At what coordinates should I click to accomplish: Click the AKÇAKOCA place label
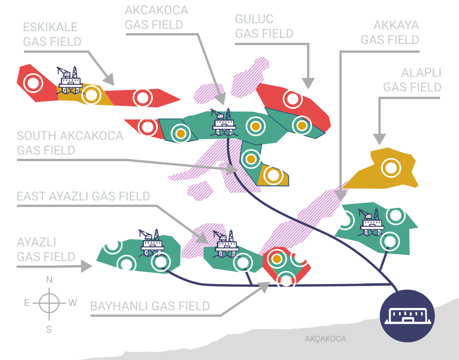click(x=325, y=339)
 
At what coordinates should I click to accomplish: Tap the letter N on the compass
click(x=49, y=280)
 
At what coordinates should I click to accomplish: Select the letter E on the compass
click(x=27, y=303)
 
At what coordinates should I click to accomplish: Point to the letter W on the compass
click(x=73, y=303)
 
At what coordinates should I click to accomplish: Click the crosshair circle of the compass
click(x=49, y=303)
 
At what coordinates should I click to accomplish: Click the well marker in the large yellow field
click(x=391, y=168)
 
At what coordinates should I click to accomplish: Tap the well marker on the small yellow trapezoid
click(x=273, y=175)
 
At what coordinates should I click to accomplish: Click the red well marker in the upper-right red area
click(x=292, y=99)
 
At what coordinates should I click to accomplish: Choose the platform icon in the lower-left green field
click(x=152, y=245)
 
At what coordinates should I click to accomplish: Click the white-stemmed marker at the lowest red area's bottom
click(x=286, y=280)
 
